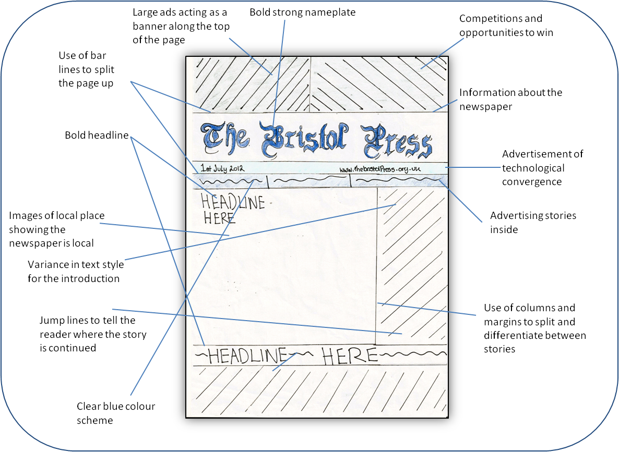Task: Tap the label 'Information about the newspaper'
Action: point(510,99)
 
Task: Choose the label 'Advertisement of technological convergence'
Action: point(542,168)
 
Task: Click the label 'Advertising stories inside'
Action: point(533,222)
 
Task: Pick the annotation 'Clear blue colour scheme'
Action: point(116,413)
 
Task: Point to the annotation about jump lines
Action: point(93,334)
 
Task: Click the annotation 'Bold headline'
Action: point(97,136)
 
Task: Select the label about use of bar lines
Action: point(86,69)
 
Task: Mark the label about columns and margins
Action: point(534,328)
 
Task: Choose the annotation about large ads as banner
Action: point(181,26)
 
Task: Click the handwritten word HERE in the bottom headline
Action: point(349,356)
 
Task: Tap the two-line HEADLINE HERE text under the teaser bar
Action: point(232,209)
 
